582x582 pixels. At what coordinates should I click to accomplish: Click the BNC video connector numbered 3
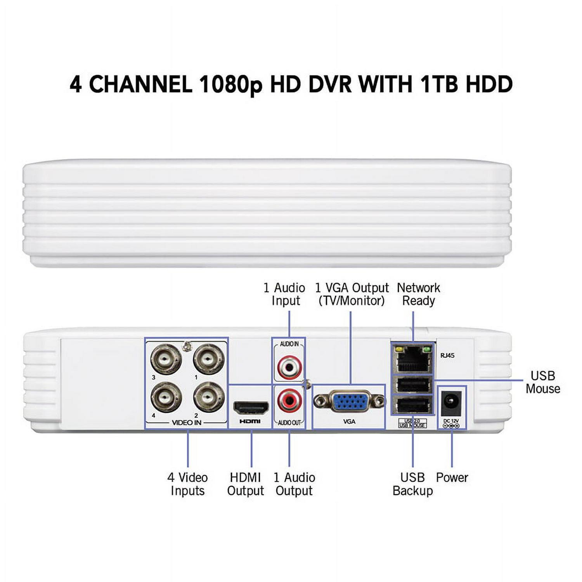[166, 359]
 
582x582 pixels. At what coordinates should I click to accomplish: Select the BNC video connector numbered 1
[209, 359]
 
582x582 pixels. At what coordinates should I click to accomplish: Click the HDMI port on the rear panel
[251, 407]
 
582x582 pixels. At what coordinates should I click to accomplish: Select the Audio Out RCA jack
[289, 402]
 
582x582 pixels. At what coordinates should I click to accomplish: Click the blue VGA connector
[349, 401]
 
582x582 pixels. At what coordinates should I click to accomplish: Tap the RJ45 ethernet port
[413, 359]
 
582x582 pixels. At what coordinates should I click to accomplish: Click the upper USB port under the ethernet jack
[413, 386]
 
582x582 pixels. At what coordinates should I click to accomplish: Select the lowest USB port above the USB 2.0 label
[413, 406]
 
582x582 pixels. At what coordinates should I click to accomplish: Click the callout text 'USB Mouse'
[543, 382]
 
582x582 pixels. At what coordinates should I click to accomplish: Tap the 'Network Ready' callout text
[418, 294]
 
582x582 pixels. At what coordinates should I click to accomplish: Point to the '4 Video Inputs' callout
[187, 484]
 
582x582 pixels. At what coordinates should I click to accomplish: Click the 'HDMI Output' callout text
[245, 484]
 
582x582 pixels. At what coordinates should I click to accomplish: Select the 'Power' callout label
[452, 477]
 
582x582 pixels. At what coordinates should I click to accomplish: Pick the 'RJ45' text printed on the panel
[447, 355]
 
